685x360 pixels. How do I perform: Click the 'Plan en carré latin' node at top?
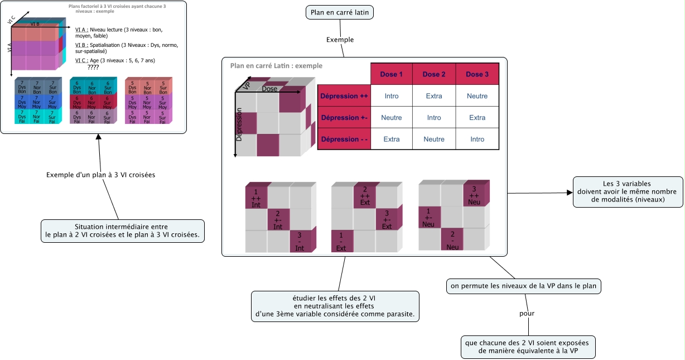pyautogui.click(x=340, y=12)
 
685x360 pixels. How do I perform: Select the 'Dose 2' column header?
pyautogui.click(x=434, y=74)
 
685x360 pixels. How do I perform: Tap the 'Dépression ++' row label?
pyautogui.click(x=344, y=96)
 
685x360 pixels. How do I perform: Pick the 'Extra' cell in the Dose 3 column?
pyautogui.click(x=477, y=118)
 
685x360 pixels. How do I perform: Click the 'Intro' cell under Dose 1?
pyautogui.click(x=392, y=96)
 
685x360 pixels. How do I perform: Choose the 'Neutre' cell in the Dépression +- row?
pyautogui.click(x=392, y=118)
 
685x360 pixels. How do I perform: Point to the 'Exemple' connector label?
pyautogui.click(x=340, y=40)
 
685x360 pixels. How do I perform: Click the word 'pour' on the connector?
pyautogui.click(x=527, y=313)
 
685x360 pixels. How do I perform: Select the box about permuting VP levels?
pyautogui.click(x=524, y=286)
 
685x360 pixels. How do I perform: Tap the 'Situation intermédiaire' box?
pyautogui.click(x=123, y=231)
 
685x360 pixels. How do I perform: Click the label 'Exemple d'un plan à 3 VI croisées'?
pyautogui.click(x=100, y=175)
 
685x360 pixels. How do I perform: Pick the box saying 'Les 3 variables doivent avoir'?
pyautogui.click(x=628, y=191)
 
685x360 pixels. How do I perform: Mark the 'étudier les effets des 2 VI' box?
pyautogui.click(x=335, y=306)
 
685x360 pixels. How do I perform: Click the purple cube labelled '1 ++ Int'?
pyautogui.click(x=256, y=197)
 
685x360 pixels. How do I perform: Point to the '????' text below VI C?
pyautogui.click(x=93, y=67)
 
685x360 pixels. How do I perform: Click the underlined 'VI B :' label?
pyautogui.click(x=81, y=45)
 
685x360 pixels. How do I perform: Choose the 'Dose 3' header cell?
pyautogui.click(x=477, y=74)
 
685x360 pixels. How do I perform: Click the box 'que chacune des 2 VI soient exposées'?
pyautogui.click(x=528, y=347)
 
